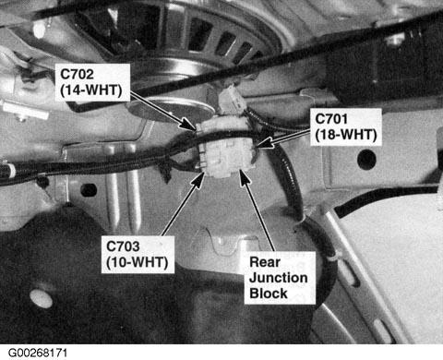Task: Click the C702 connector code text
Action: click(77, 74)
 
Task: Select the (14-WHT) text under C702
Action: click(91, 90)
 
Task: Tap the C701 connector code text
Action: click(331, 119)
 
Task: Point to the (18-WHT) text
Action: click(346, 135)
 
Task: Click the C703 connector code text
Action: click(123, 246)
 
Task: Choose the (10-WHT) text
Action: click(138, 262)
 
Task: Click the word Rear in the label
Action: click(265, 262)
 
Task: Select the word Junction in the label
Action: click(279, 278)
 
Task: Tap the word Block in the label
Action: click(269, 293)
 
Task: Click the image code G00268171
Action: click(38, 353)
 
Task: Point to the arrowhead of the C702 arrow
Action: click(191, 126)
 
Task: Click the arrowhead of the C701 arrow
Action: click(261, 145)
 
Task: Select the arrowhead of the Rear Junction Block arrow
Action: click(244, 176)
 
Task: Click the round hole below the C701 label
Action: click(366, 159)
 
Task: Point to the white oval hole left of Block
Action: click(41, 298)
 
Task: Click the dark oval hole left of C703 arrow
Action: click(89, 190)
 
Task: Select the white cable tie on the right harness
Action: click(333, 258)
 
